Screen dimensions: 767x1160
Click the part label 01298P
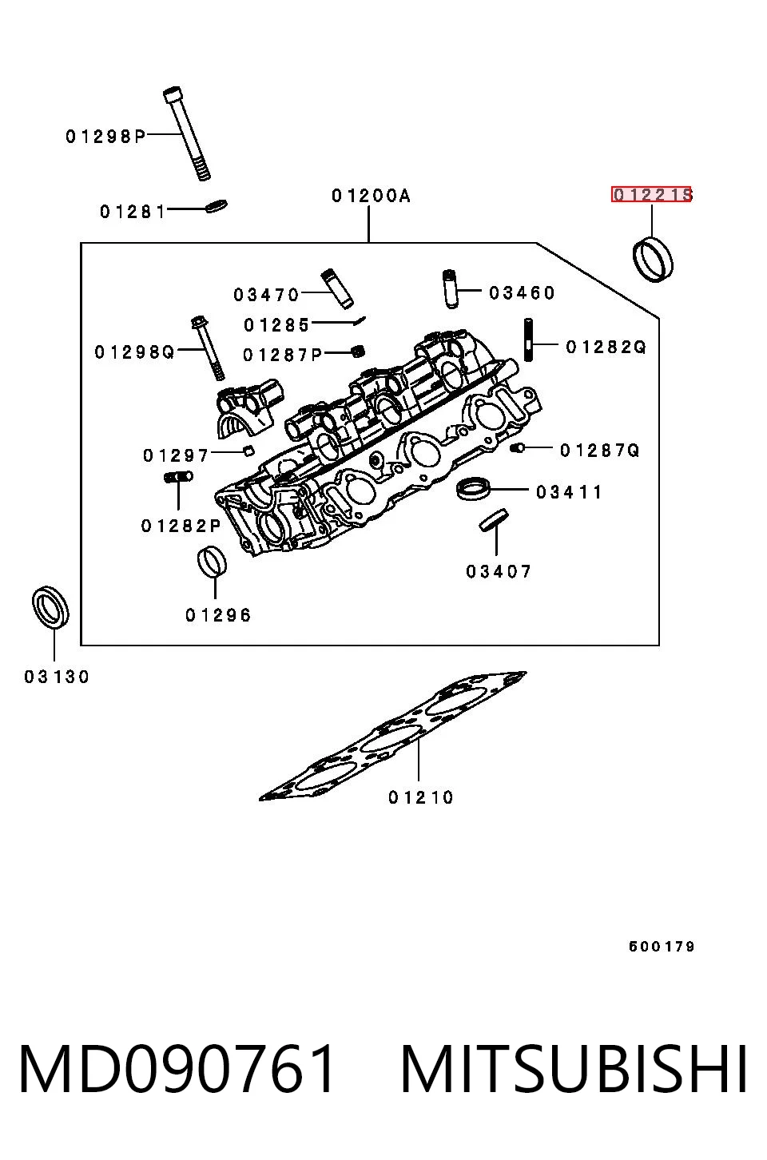coord(105,136)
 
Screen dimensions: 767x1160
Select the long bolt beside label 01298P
coord(187,133)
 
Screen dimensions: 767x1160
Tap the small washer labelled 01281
coord(216,205)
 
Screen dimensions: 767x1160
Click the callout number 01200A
coord(371,196)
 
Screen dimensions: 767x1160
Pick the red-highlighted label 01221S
coord(651,194)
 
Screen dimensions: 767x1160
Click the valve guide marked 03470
coord(337,288)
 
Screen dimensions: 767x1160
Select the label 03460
coord(522,293)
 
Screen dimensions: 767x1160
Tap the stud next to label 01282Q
coord(529,340)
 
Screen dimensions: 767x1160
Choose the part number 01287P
coord(283,355)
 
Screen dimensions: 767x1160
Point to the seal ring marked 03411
coord(473,489)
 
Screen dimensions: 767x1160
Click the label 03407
coord(499,572)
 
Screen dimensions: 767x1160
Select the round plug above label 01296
coord(213,561)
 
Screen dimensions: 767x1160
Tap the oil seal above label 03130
coord(50,607)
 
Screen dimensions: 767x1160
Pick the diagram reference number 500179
coord(662,947)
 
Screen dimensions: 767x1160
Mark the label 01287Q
coord(600,451)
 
